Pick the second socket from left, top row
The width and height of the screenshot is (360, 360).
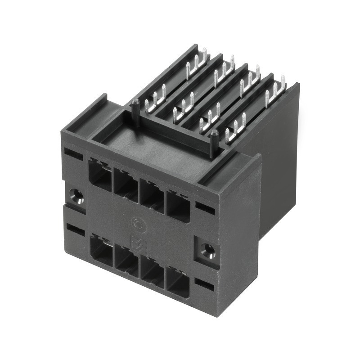126,184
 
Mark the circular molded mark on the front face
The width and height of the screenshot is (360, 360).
138,224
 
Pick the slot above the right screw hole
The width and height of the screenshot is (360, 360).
205,208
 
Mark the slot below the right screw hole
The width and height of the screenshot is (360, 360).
205,284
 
